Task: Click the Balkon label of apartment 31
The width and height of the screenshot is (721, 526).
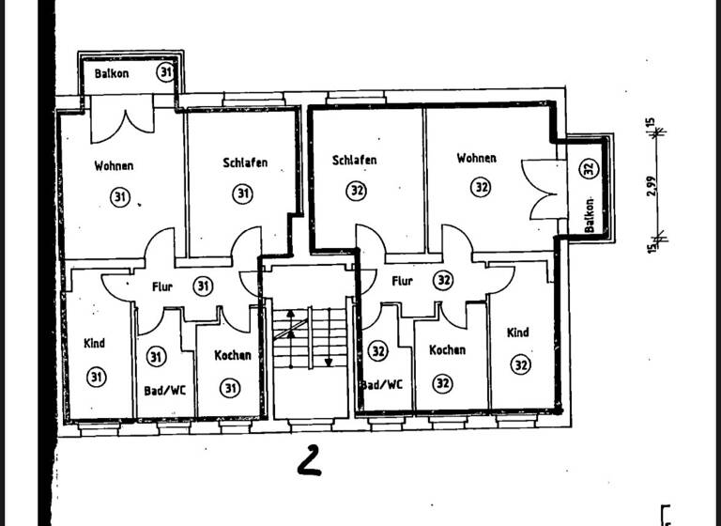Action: (110, 73)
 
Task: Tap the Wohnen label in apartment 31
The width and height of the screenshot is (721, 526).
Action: (114, 166)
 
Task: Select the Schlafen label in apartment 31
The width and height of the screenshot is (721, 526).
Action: (245, 162)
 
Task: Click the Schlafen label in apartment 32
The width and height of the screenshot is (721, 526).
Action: (355, 161)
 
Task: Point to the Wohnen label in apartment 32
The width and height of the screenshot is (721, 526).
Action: (476, 159)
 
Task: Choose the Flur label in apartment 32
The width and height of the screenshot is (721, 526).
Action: (402, 280)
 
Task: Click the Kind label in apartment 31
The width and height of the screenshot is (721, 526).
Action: (94, 344)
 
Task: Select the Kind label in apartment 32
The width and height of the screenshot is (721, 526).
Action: (517, 333)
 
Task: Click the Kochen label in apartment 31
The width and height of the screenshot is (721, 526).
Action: (232, 355)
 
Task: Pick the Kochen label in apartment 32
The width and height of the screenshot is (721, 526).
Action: (447, 349)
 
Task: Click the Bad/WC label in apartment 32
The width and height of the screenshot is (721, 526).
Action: (383, 384)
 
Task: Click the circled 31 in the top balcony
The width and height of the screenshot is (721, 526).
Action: (165, 73)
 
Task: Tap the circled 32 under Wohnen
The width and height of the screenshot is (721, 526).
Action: (481, 187)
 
